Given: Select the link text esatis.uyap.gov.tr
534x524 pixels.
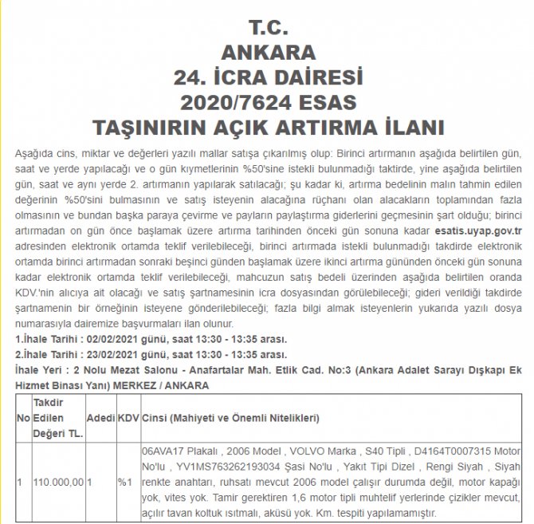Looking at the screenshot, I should (477, 227).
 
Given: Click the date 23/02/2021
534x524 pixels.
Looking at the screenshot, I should (104, 353).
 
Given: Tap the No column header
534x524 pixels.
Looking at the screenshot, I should (23, 417).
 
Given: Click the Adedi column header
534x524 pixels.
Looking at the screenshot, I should (100, 417).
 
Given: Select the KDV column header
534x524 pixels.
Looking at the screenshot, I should (128, 417).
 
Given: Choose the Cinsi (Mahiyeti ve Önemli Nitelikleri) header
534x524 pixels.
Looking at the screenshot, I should (230, 417).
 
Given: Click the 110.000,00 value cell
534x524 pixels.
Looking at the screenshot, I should (58, 483).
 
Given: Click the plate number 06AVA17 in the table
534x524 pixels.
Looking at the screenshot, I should (163, 450).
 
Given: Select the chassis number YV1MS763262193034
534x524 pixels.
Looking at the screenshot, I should (227, 466).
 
